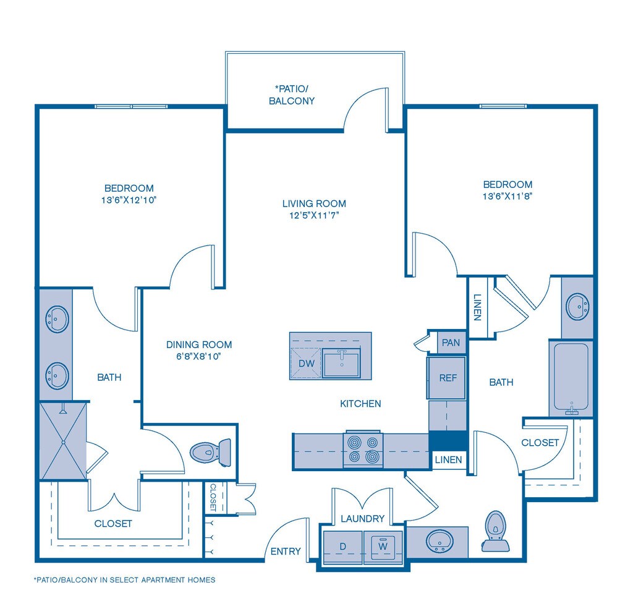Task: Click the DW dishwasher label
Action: (x=307, y=363)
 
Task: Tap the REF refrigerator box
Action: (x=448, y=378)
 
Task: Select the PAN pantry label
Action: (x=451, y=343)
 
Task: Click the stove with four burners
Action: (x=363, y=450)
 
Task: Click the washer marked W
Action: (x=383, y=547)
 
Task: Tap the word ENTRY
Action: (x=286, y=551)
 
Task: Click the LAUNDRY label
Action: (x=362, y=519)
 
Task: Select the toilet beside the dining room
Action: (x=210, y=452)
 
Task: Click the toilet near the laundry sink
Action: (x=495, y=531)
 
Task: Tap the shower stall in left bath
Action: (x=63, y=440)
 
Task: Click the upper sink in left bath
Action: (x=57, y=320)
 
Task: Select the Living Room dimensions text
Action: (x=314, y=216)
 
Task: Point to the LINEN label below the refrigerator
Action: (x=448, y=459)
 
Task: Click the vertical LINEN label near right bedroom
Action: (x=477, y=307)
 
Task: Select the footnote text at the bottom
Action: (x=124, y=580)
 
